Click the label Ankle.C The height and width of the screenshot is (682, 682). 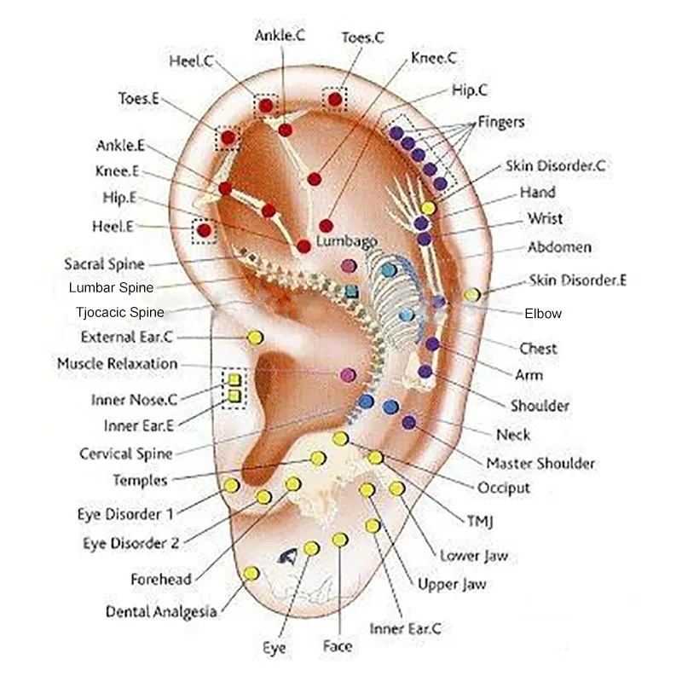(280, 36)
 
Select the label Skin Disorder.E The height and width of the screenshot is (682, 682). (578, 280)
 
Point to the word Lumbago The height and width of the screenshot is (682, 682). (346, 241)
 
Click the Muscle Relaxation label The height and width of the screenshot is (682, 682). (118, 364)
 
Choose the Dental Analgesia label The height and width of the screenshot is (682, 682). (161, 611)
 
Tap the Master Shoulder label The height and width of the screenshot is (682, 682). (540, 464)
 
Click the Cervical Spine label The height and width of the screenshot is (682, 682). (126, 454)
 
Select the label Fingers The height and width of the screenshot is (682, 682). (501, 122)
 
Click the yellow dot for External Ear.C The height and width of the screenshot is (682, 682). (254, 338)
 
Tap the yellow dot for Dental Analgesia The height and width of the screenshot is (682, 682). (251, 574)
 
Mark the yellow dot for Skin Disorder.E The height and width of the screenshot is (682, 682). (471, 295)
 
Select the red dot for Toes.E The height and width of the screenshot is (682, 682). (228, 136)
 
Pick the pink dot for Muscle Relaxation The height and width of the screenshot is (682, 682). (348, 374)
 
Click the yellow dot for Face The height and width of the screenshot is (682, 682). (340, 540)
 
